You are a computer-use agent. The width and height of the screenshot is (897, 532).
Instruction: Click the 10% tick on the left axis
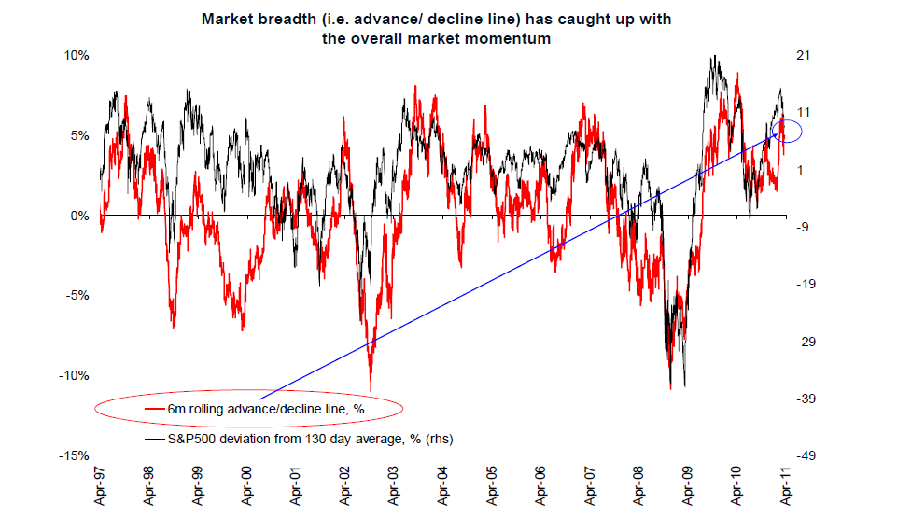point(77,56)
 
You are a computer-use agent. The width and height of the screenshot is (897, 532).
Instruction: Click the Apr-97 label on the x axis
point(101,485)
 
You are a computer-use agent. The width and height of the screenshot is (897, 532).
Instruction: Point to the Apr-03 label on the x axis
point(393,485)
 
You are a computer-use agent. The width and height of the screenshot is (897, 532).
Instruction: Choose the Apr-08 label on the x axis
point(637,485)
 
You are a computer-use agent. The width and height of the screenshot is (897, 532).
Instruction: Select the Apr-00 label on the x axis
point(246,485)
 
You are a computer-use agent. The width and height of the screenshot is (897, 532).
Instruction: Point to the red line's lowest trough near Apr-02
point(371,390)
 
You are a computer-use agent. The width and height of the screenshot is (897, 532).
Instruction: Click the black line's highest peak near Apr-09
point(713,56)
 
